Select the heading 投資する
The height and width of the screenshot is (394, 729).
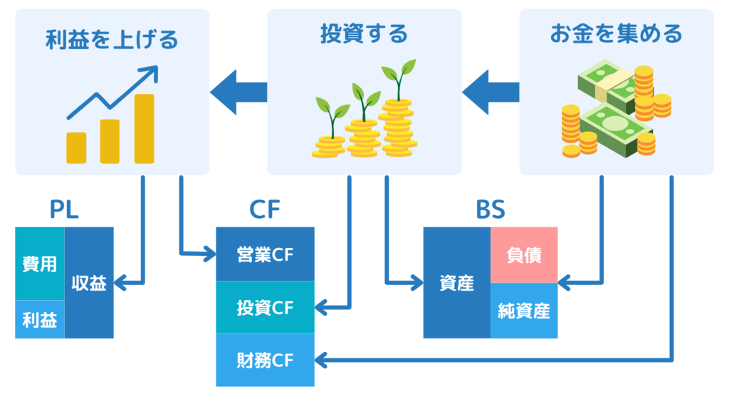363,34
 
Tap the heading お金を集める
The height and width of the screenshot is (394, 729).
616,34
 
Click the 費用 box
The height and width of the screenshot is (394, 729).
39,264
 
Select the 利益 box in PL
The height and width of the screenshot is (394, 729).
39,318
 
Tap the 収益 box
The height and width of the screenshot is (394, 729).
89,283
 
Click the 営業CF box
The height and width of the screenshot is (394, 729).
265,254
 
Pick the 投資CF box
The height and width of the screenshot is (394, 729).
265,308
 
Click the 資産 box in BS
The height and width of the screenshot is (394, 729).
456,283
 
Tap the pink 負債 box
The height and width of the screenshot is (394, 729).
524,255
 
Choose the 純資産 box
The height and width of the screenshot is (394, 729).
524,311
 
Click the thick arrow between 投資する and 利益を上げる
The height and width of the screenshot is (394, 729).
238,92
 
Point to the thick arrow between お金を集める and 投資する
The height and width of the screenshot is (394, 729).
491,92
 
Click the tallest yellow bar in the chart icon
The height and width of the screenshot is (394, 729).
145,128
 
